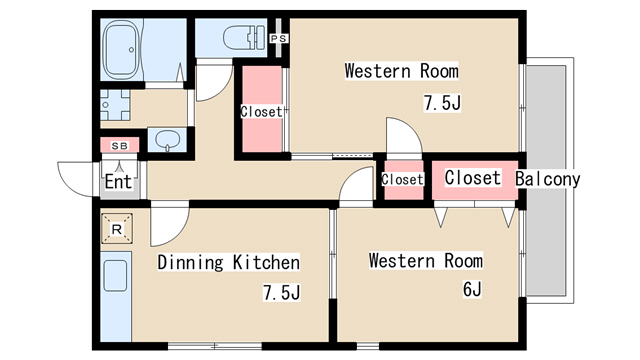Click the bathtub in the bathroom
click(121, 49)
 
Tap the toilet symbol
click(243, 38)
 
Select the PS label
click(279, 39)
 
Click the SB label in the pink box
click(120, 146)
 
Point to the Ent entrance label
click(118, 181)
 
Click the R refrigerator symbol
click(117, 229)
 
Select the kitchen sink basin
click(116, 276)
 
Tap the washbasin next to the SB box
click(168, 140)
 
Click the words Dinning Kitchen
click(229, 262)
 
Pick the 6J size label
click(472, 289)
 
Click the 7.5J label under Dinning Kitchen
click(282, 292)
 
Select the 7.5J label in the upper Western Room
click(442, 102)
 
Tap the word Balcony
click(547, 179)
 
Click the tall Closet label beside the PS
click(262, 111)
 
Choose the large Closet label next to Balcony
click(473, 178)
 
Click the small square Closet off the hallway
click(402, 180)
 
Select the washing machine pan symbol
click(115, 105)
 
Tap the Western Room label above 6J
click(426, 260)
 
